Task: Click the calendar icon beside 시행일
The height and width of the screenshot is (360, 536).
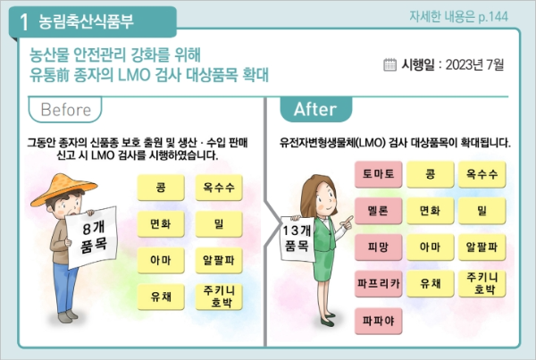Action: pyautogui.click(x=389, y=64)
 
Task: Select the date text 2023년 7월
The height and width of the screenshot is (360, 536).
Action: pyautogui.click(x=473, y=64)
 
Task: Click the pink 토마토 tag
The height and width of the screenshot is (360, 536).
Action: pyautogui.click(x=377, y=174)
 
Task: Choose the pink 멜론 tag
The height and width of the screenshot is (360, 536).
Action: pyautogui.click(x=377, y=211)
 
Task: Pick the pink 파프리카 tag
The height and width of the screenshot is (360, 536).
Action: pyautogui.click(x=377, y=283)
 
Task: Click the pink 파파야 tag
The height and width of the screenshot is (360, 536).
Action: pyautogui.click(x=377, y=319)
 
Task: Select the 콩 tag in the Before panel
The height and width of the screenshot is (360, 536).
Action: pyautogui.click(x=161, y=188)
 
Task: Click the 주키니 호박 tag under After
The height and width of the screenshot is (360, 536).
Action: pyautogui.click(x=482, y=283)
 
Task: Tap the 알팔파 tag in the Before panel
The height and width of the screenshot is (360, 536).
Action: pyautogui.click(x=219, y=260)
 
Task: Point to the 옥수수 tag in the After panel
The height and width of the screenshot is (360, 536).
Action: pyautogui.click(x=482, y=174)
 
